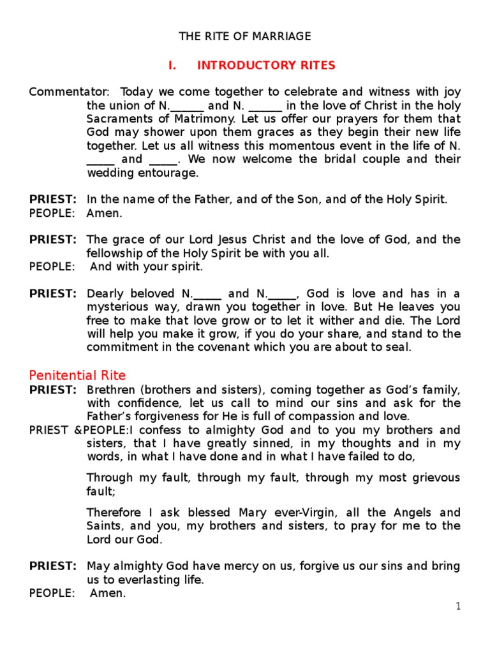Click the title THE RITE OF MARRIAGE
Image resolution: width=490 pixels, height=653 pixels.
coord(245,36)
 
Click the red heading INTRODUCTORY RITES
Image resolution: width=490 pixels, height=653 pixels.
coord(266,65)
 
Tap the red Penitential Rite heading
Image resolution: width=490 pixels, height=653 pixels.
coord(77,375)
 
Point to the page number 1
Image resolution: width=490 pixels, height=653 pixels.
coord(457,606)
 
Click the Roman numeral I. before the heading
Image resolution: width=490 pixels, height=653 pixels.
coord(172,65)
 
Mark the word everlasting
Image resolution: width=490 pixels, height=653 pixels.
coord(143,580)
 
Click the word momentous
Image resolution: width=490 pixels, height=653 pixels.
coord(276,146)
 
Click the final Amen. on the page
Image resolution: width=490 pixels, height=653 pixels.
coord(108,593)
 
